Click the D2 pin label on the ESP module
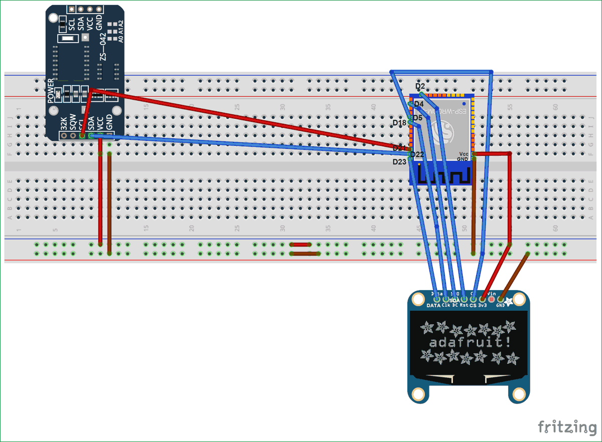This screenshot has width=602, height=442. coord(420,87)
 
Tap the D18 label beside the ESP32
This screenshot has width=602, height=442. coord(399,123)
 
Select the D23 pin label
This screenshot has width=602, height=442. coord(399,162)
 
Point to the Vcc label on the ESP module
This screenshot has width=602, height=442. coord(464,154)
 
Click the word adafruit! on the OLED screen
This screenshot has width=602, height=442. coord(469,343)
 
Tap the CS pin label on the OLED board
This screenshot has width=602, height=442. coord(473,305)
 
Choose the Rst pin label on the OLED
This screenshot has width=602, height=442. coord(464,305)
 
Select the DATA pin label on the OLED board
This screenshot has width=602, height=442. coord(433,305)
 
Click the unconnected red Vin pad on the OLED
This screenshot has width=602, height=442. coord(491,299)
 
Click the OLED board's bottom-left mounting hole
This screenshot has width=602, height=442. coord(418,394)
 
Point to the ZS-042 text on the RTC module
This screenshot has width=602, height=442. coord(103,48)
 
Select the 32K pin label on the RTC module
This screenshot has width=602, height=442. coord(64,124)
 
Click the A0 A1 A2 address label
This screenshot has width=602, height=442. coord(120,32)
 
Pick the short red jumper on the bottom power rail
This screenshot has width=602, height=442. coord(301,245)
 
